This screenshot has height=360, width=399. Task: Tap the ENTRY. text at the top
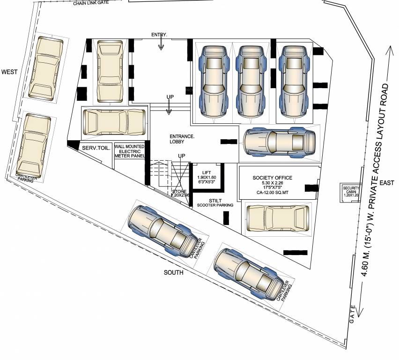[x=159, y=35]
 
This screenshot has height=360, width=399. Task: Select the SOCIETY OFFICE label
[x=272, y=178]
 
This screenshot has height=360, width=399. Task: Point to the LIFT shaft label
[x=207, y=173]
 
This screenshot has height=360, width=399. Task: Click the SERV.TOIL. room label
[x=96, y=148]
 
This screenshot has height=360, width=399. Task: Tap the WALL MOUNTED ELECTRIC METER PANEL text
[x=129, y=151]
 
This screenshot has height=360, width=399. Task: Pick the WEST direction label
[x=9, y=72]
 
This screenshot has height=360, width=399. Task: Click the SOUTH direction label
[x=173, y=272]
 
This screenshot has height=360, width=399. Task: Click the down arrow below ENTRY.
[x=161, y=44]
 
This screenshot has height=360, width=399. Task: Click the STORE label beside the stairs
[x=179, y=192]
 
